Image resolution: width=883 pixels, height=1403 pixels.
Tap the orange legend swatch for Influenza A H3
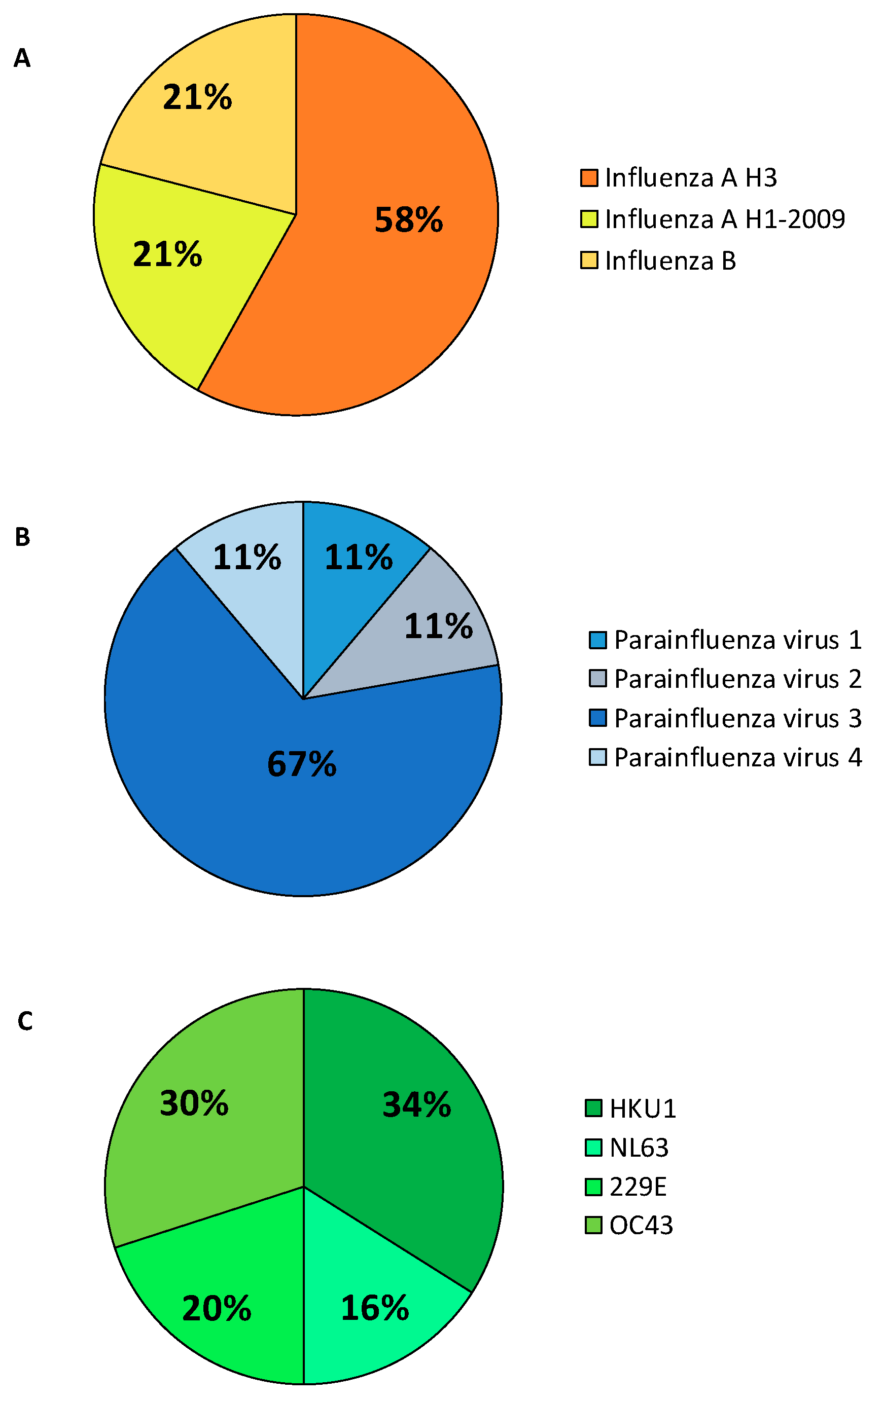[x=589, y=178]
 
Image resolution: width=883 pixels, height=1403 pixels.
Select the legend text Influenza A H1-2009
[x=724, y=219]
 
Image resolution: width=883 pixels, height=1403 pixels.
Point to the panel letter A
[x=22, y=58]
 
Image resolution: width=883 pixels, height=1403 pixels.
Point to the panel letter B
[x=22, y=537]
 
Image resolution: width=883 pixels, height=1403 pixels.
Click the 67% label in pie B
[x=301, y=764]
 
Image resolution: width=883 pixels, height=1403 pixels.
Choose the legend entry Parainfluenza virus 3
[x=737, y=718]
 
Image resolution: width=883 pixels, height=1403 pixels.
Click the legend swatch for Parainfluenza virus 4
[x=597, y=757]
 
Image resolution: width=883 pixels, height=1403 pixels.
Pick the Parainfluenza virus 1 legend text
[x=737, y=640]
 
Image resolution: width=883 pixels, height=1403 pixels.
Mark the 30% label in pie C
[x=194, y=1103]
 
